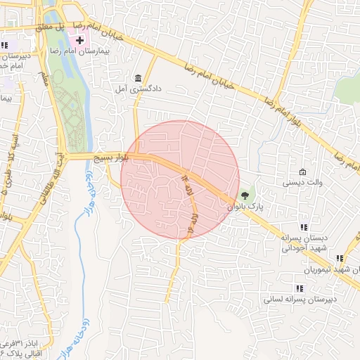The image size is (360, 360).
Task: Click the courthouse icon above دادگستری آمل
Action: (x=138, y=78)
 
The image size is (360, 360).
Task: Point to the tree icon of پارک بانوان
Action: (x=245, y=196)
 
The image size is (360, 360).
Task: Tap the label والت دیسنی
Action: (x=302, y=183)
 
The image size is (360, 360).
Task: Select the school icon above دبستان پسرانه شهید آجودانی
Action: (x=304, y=227)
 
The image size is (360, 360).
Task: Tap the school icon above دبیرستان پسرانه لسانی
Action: (x=300, y=288)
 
